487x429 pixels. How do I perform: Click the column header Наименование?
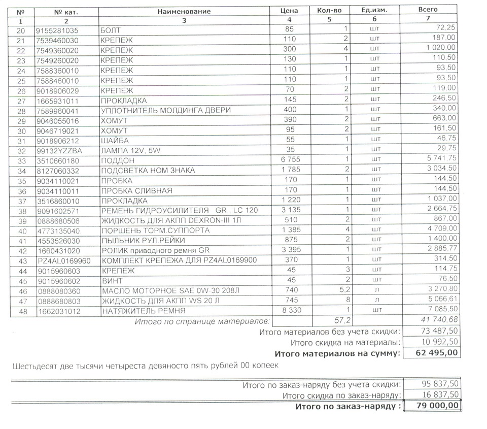[x=184, y=11]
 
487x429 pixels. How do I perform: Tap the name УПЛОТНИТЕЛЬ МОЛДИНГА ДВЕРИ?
[x=166, y=111]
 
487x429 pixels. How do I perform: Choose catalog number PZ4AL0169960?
[x=63, y=260]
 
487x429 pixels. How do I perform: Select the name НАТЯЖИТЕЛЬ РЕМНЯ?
[x=144, y=310]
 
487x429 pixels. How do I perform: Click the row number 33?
[x=21, y=160]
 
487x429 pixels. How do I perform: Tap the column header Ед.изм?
[x=374, y=11]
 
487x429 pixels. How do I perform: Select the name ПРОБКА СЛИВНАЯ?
[x=137, y=190]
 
